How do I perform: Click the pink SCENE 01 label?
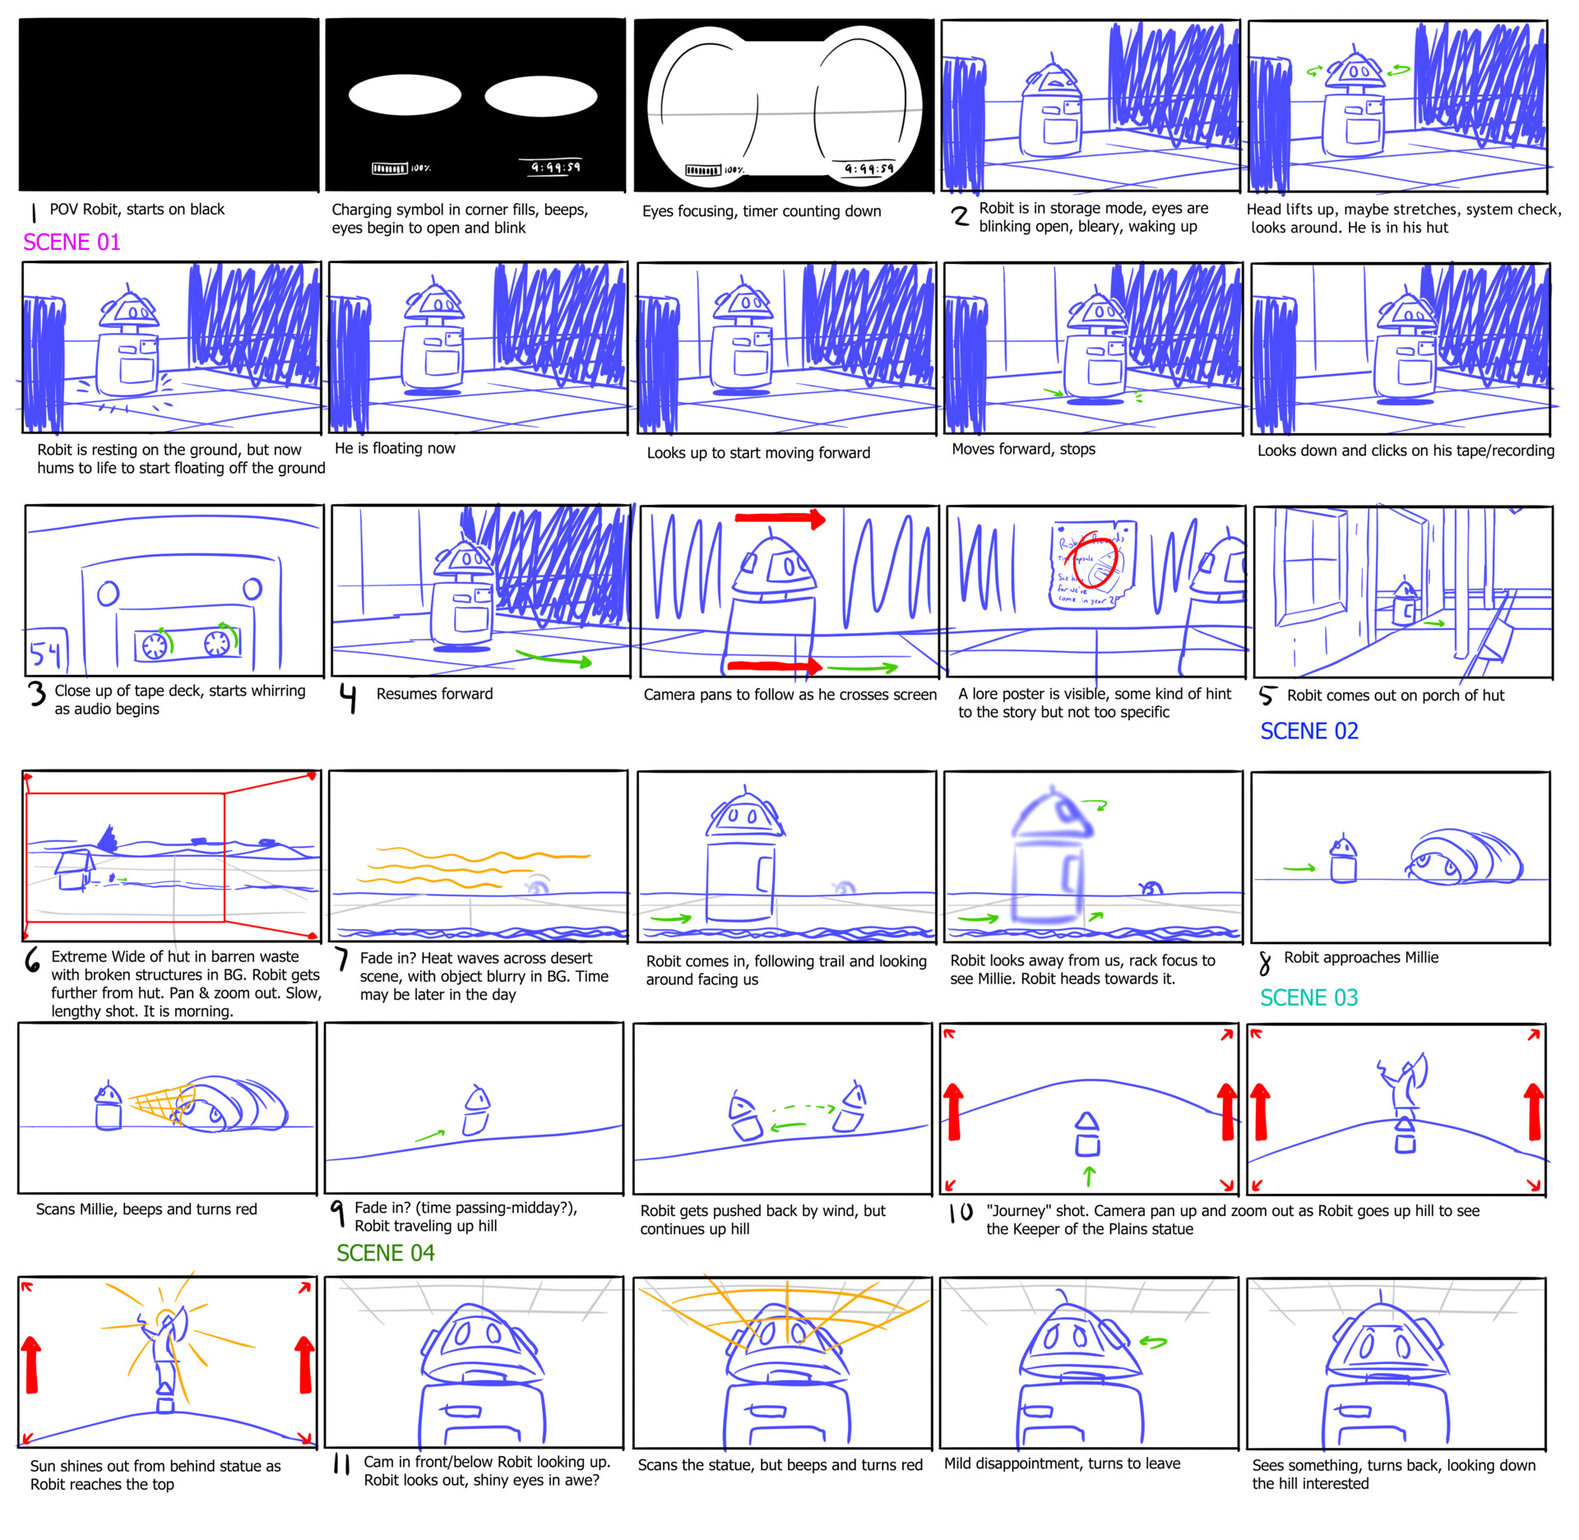click(x=72, y=242)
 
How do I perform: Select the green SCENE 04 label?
click(x=385, y=1252)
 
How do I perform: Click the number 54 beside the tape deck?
click(x=45, y=654)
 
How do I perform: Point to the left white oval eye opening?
click(x=405, y=95)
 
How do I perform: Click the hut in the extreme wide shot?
click(x=74, y=870)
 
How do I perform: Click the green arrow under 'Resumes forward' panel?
click(x=554, y=659)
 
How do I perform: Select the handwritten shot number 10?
click(x=960, y=1212)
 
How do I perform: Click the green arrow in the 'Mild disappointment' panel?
click(x=1153, y=1342)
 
